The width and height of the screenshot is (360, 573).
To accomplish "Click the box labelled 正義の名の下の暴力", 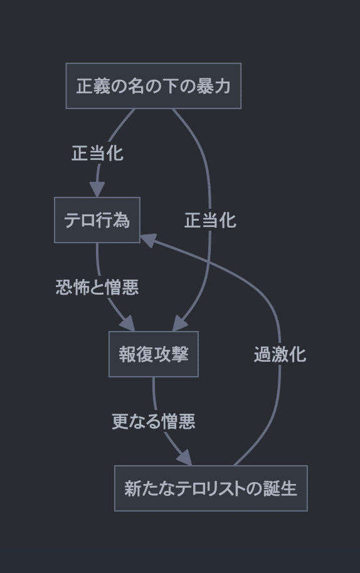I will coord(154,86).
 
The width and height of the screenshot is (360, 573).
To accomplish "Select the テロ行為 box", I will coord(97,220).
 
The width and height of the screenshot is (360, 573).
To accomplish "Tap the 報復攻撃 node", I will coord(154,354).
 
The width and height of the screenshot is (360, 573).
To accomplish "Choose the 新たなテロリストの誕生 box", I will coord(211,488).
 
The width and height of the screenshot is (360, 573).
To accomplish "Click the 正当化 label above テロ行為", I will coord(97,153).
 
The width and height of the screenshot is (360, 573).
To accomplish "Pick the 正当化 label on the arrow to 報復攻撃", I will coord(210,220).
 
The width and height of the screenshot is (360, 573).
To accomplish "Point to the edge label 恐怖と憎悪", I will coord(97,287).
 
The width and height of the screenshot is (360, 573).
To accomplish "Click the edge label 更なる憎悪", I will coord(154,421).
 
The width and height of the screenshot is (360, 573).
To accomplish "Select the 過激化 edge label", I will coord(280,354).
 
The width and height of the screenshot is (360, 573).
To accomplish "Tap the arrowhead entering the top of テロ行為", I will coord(97,189).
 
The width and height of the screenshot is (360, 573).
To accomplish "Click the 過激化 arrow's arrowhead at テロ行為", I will coord(147,239).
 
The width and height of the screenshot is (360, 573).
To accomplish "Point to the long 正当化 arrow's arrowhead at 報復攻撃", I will coord(180,323).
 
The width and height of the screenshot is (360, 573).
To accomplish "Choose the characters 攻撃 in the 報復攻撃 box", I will coord(171,354).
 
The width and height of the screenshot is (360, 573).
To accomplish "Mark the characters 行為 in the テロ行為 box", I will coord(114,220).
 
